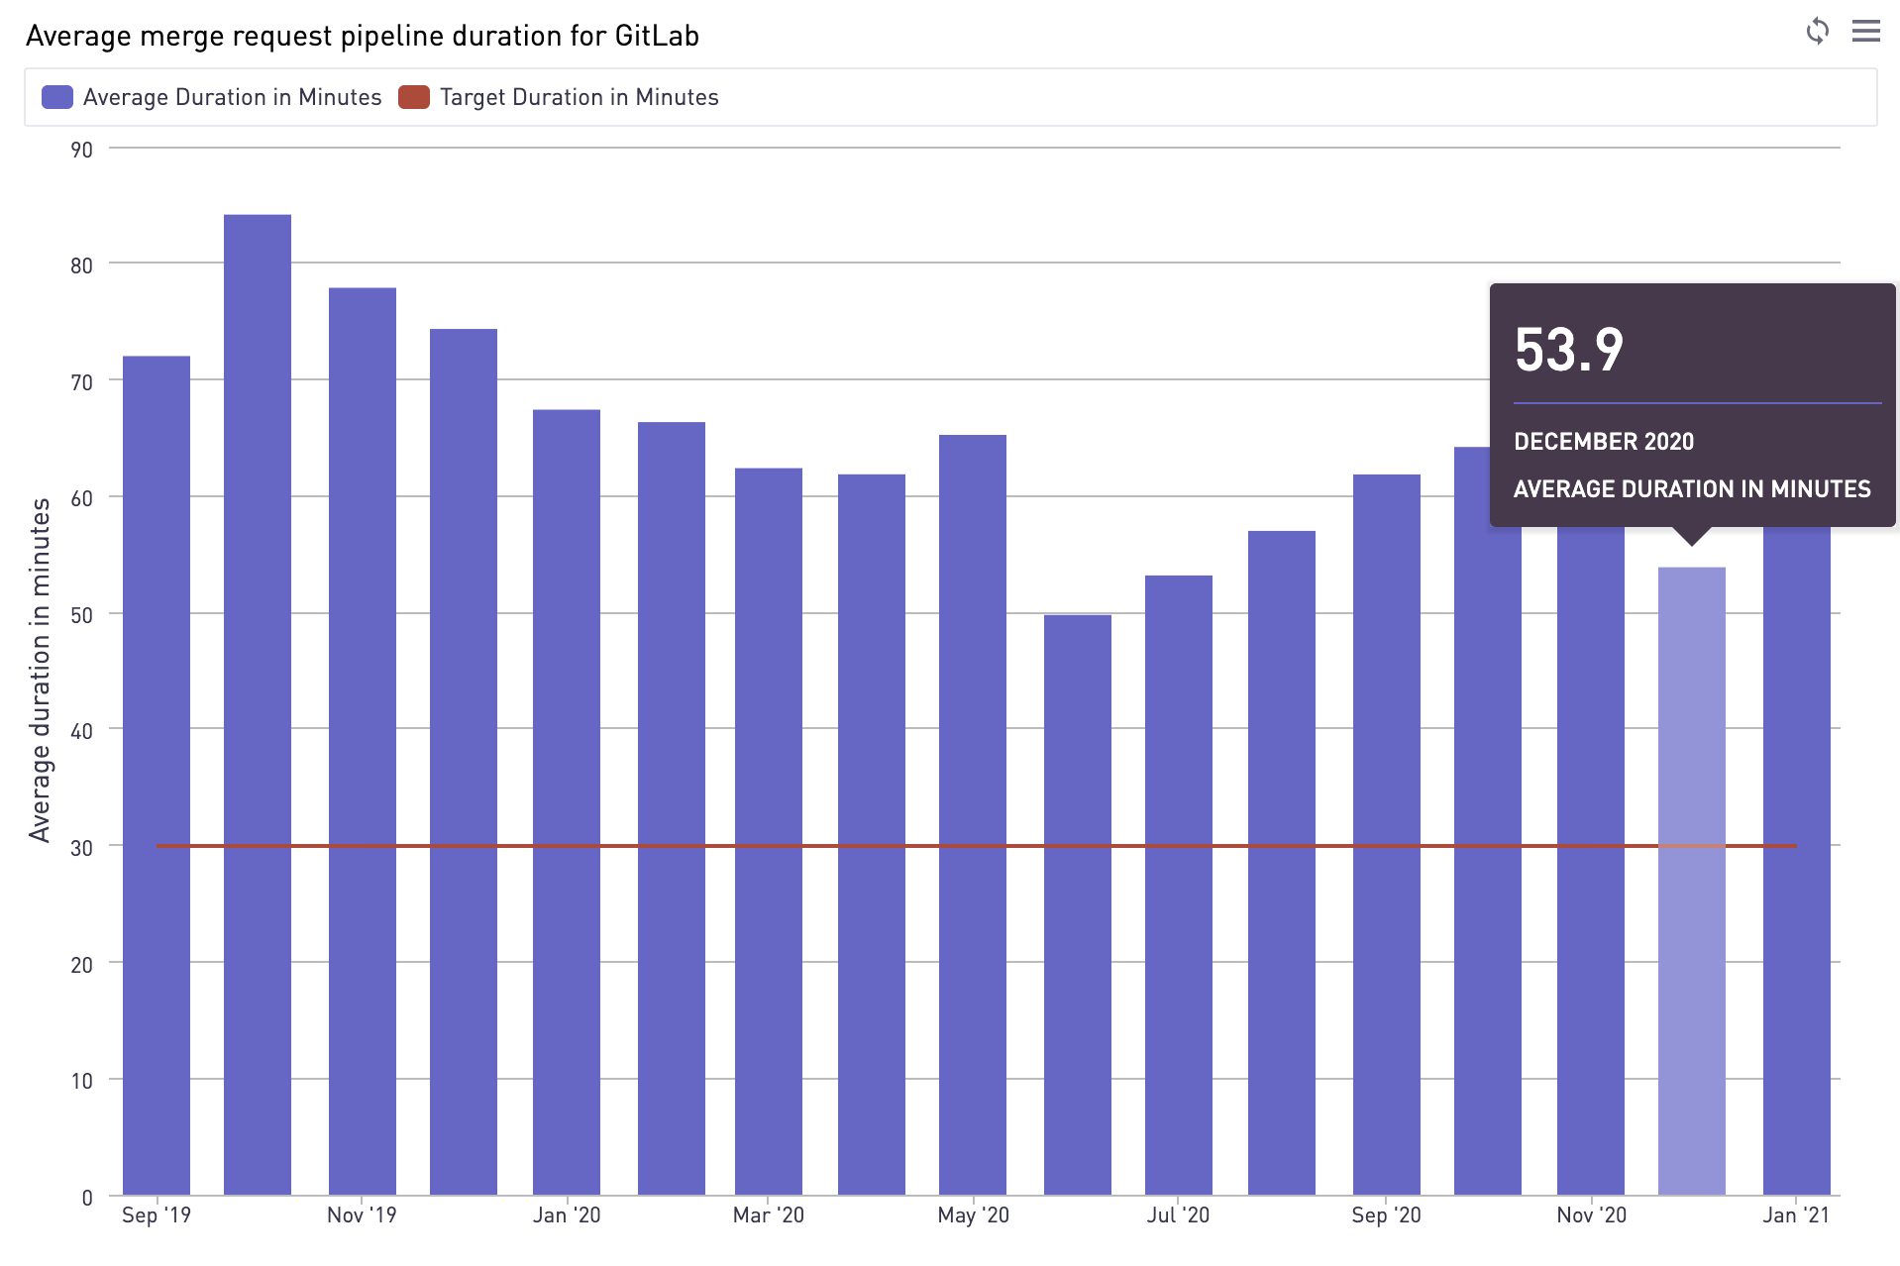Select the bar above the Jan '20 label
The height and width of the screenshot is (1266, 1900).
coord(567,801)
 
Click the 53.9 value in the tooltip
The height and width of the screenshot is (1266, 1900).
coord(1569,350)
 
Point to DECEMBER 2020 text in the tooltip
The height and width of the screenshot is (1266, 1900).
coord(1604,442)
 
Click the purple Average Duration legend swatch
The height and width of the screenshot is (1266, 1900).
coord(57,97)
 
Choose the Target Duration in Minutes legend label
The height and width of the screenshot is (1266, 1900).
coord(579,97)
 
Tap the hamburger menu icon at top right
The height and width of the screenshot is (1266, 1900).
coord(1865,32)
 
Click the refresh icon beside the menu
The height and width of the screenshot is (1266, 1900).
coord(1817,32)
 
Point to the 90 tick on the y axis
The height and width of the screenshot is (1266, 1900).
coord(81,150)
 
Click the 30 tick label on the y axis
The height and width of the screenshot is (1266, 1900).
coord(81,848)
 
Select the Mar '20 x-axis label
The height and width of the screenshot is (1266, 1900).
coord(768,1215)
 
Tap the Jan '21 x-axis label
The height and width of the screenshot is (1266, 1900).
coord(1795,1215)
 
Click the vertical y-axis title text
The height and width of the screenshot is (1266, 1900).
coord(40,671)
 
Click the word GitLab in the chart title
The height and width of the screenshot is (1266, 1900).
coord(656,36)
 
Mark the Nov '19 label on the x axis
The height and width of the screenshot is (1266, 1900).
coord(362,1215)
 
